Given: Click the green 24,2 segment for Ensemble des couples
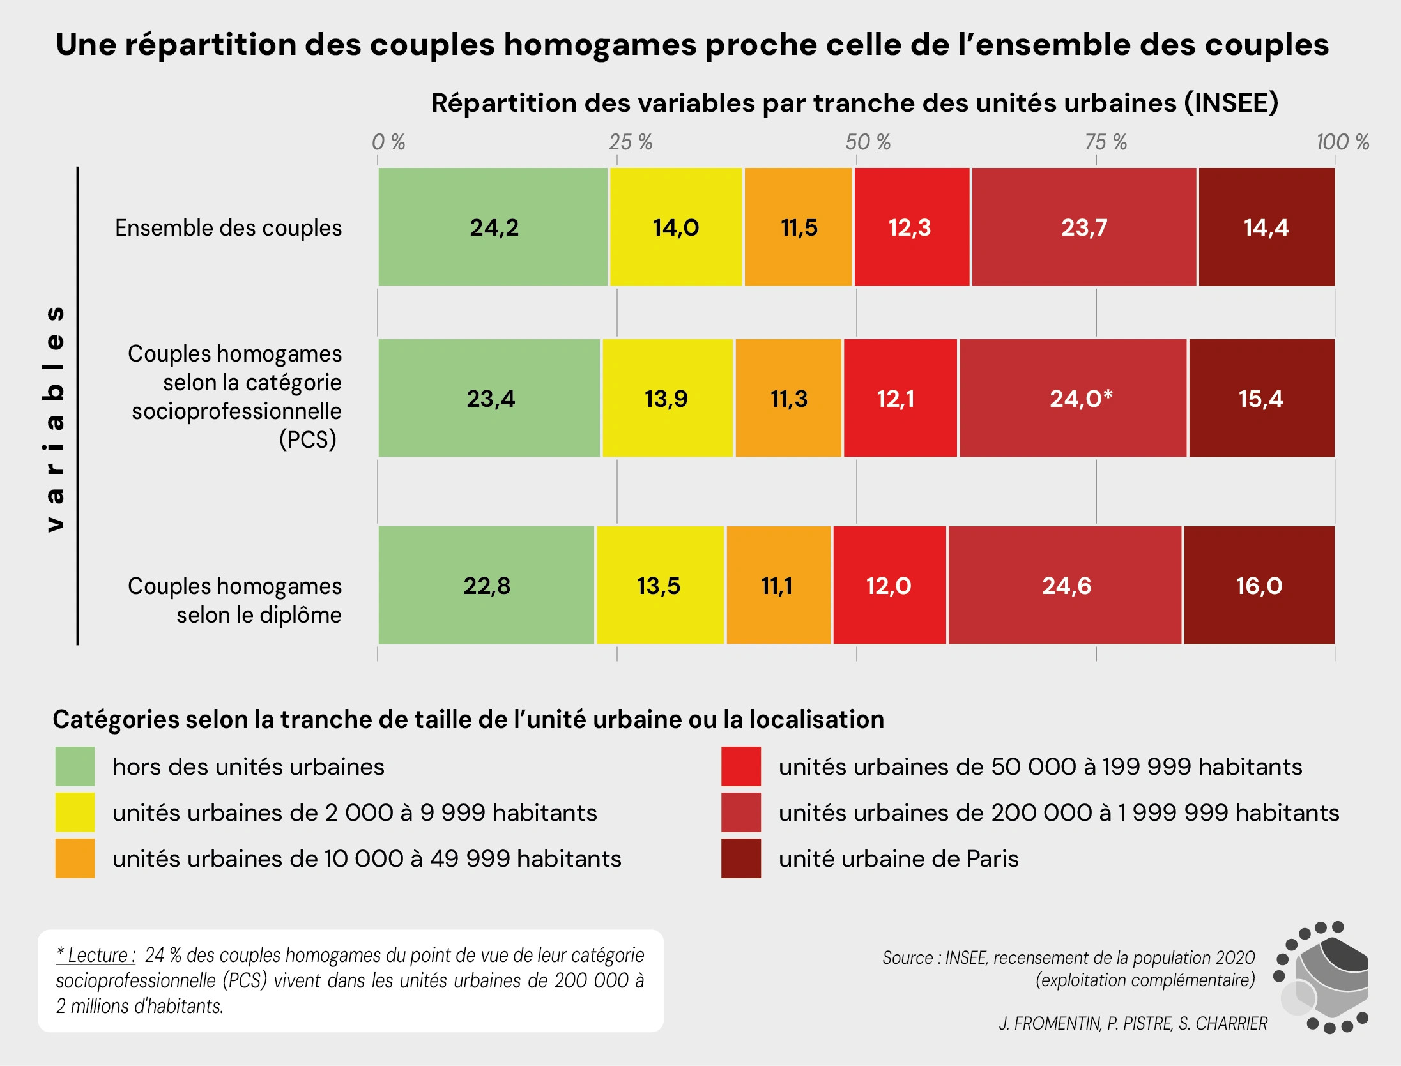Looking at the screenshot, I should click(493, 227).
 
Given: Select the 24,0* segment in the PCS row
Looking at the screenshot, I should click(1073, 398).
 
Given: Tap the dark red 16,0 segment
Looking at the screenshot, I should click(1259, 586).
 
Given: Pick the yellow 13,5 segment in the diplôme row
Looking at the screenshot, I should click(659, 586).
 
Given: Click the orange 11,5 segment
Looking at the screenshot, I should click(799, 227).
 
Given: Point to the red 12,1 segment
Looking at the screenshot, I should click(900, 398).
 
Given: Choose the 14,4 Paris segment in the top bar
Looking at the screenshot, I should click(1266, 227).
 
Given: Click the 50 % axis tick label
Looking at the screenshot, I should click(868, 142).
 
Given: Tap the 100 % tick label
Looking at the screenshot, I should click(1342, 142).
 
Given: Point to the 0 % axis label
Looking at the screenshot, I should click(388, 142).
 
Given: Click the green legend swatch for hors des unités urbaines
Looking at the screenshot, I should click(75, 766).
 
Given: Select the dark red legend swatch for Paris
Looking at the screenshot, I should click(741, 858).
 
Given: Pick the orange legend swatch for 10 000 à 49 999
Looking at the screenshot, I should click(75, 858).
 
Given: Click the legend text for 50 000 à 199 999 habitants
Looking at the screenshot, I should click(1040, 766).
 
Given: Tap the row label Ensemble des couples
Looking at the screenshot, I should click(228, 228).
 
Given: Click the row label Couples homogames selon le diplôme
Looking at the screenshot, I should click(235, 600).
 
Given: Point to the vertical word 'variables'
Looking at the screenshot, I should click(55, 418).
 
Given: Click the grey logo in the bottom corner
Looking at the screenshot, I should click(1322, 978).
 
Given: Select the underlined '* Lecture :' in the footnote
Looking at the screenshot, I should click(96, 955).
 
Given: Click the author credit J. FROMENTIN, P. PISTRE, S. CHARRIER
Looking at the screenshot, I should click(1133, 1023).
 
